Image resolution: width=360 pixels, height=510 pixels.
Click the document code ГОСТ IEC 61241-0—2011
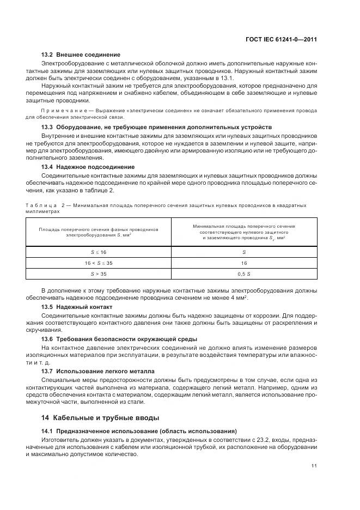point(282,39)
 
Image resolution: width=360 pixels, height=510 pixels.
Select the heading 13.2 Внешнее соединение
point(81,54)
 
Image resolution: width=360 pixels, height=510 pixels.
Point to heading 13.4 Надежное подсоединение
point(88,167)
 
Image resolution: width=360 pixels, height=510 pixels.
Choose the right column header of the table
point(244,232)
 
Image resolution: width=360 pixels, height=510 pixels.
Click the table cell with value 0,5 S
point(244,274)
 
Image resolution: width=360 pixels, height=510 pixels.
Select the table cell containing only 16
point(244,263)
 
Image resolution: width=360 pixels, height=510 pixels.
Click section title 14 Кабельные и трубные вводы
point(101,418)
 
